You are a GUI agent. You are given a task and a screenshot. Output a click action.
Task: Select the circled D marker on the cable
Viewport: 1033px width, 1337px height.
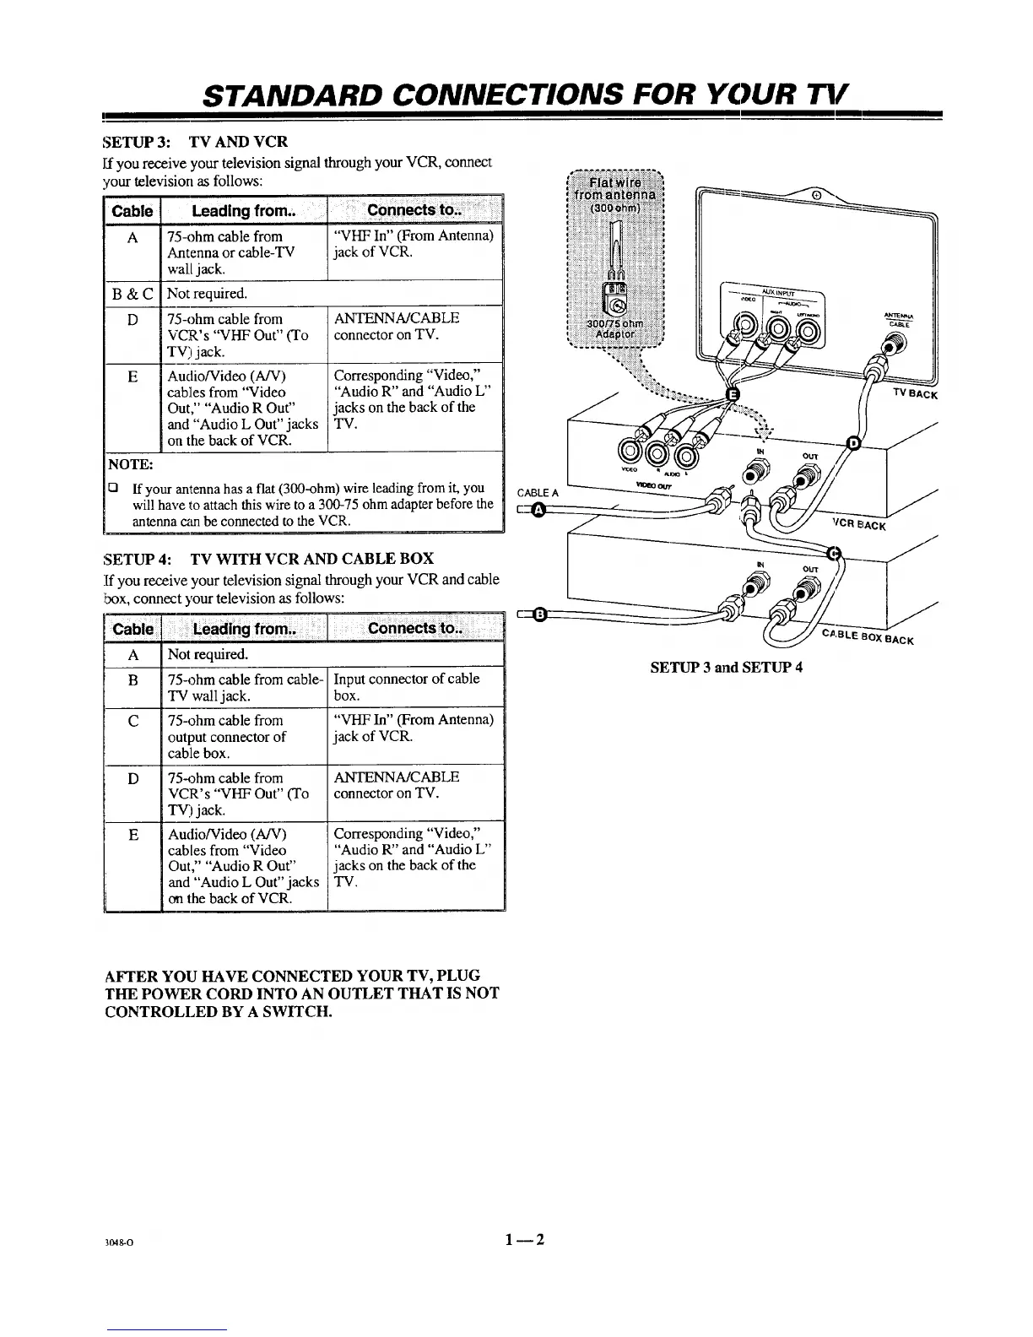point(853,443)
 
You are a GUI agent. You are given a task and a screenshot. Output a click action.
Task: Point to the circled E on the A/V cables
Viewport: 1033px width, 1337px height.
point(733,396)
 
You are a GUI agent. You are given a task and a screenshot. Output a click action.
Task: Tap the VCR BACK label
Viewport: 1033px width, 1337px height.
point(858,525)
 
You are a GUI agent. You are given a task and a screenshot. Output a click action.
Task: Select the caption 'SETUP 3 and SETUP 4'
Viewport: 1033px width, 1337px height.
point(726,667)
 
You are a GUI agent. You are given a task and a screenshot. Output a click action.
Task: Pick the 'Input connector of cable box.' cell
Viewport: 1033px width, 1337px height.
point(407,687)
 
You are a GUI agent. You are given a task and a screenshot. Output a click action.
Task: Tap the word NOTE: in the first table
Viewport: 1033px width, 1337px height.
point(130,465)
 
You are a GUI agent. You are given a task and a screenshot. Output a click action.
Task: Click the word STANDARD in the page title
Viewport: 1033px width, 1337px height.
point(288,94)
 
